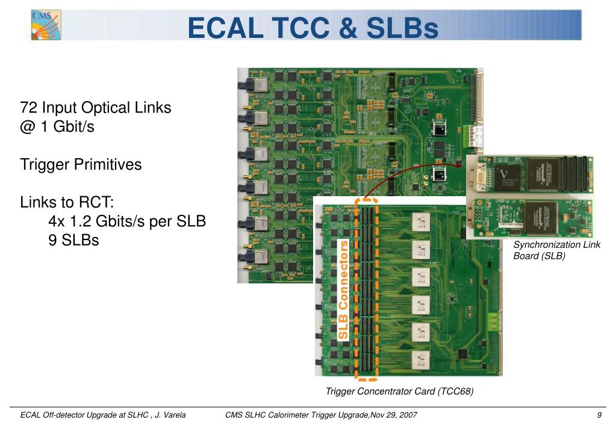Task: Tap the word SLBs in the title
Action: click(x=402, y=28)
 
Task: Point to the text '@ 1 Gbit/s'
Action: click(x=57, y=128)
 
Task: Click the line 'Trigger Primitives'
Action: click(x=81, y=165)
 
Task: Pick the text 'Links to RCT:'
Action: click(x=67, y=202)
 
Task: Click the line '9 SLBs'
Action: click(x=73, y=241)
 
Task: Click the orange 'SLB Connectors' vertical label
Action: click(x=343, y=289)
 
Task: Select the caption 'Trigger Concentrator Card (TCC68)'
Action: click(x=399, y=392)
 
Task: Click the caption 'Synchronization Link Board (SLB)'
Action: click(x=555, y=250)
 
